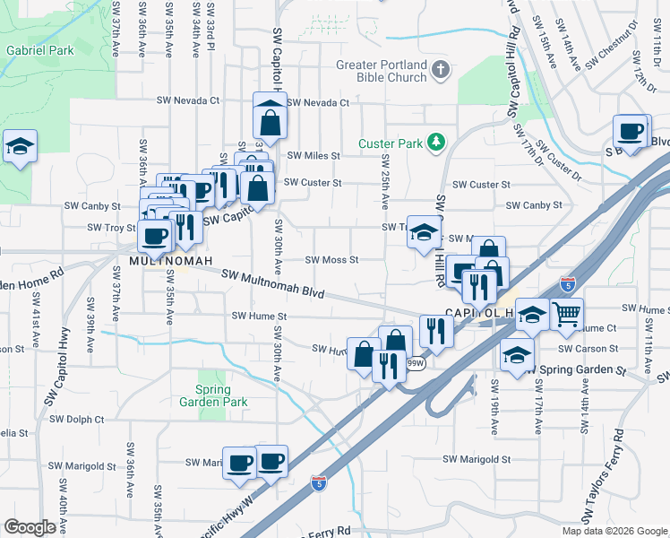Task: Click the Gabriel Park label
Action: click(x=40, y=50)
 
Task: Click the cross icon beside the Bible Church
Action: click(x=440, y=68)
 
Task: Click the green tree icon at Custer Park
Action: click(x=435, y=142)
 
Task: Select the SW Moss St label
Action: click(x=331, y=260)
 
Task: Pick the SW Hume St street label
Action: click(x=259, y=316)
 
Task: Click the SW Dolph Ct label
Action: click(x=77, y=419)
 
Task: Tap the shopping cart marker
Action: click(x=566, y=315)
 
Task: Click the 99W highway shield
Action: click(x=415, y=364)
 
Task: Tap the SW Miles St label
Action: click(x=313, y=155)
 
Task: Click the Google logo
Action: click(x=30, y=527)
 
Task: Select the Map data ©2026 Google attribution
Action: click(x=614, y=531)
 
